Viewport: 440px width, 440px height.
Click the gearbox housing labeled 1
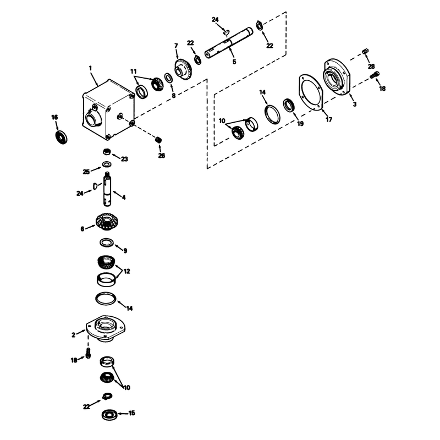108,109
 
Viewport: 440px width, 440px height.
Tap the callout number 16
54,117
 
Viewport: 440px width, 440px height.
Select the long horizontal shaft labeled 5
229,42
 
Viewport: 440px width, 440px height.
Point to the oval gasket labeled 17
311,93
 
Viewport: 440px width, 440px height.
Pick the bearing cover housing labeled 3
337,76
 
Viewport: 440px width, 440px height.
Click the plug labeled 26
159,140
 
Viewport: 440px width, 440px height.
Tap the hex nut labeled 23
107,152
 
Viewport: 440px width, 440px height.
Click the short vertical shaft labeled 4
107,189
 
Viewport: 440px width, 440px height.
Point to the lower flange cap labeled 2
105,328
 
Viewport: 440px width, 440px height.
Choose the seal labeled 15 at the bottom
109,415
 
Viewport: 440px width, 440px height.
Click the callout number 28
371,67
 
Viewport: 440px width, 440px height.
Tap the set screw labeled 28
365,52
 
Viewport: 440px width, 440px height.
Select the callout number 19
300,124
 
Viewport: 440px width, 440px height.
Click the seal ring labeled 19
288,106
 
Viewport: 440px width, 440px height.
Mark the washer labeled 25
106,163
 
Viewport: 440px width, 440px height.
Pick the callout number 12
127,271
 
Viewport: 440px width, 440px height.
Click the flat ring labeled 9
107,242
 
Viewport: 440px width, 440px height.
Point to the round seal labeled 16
61,137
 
